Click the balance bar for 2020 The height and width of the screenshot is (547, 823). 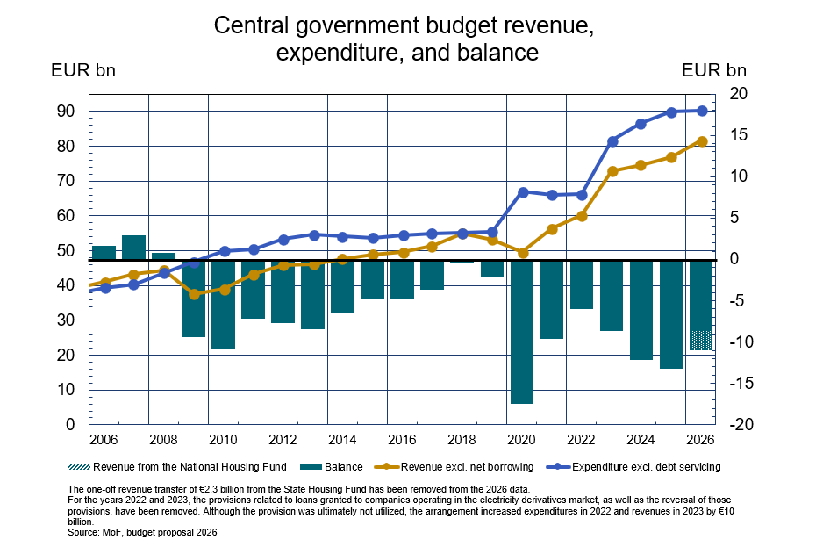pos(522,332)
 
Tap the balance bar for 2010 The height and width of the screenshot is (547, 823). pos(223,304)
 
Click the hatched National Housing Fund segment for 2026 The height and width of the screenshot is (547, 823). pos(700,341)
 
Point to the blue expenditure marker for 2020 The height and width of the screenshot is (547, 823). pos(522,191)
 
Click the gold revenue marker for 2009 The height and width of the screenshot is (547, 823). pos(194,294)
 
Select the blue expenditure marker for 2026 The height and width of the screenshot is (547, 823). pos(702,111)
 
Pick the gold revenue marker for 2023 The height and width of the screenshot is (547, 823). pos(612,171)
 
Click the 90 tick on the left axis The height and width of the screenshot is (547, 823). pos(66,112)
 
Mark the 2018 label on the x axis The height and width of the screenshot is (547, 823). pos(462,440)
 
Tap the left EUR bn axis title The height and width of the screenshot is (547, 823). pos(83,70)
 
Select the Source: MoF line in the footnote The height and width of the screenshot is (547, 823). pos(142,533)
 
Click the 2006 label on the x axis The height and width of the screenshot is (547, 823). pos(104,440)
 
